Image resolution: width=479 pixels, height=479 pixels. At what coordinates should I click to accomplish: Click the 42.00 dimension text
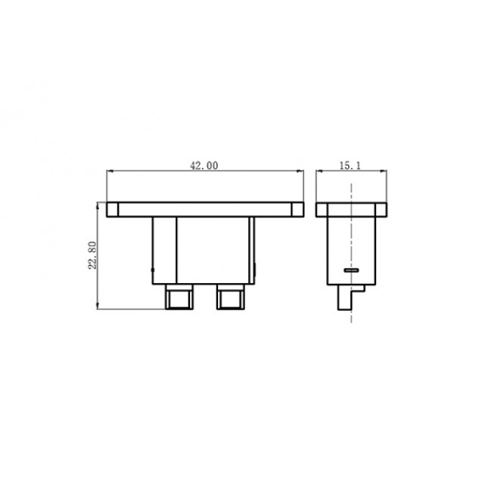[204, 166]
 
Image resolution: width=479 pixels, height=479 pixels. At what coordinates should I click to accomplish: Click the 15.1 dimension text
[350, 166]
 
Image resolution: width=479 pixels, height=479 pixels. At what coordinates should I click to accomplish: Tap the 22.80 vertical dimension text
[92, 255]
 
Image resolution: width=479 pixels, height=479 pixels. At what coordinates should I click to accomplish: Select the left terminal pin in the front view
[179, 297]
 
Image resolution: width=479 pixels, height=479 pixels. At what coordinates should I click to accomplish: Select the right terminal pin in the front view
[231, 297]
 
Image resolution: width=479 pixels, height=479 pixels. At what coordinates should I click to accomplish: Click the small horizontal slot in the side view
[351, 270]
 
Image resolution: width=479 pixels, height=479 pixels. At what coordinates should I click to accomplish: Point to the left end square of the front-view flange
[112, 210]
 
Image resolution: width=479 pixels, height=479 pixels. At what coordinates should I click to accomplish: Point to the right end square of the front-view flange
[297, 210]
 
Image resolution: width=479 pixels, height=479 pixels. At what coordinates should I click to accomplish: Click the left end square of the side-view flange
[322, 210]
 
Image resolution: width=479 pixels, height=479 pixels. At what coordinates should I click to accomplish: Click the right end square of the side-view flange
[381, 210]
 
